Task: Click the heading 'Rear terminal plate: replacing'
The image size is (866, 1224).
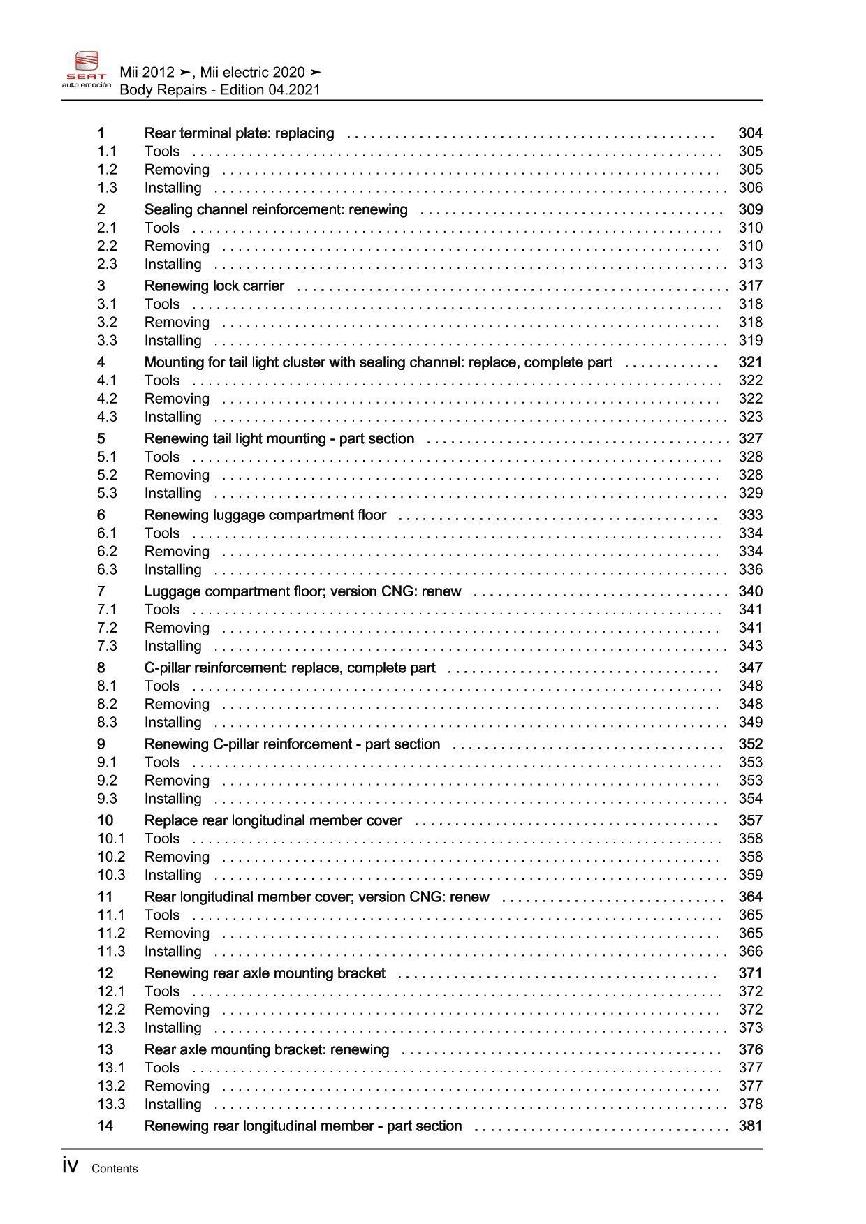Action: click(239, 133)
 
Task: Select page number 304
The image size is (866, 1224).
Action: click(750, 133)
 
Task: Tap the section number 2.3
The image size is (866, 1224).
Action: click(107, 264)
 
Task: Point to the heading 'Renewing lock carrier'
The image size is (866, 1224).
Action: click(214, 286)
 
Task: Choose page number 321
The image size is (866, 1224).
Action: click(750, 362)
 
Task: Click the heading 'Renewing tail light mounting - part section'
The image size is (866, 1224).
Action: click(279, 438)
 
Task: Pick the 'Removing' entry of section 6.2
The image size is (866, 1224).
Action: click(177, 552)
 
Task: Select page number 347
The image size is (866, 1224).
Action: click(750, 668)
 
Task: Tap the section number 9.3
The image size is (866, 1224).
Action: click(107, 799)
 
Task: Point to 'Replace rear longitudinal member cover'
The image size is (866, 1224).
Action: click(273, 820)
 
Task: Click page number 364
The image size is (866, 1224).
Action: click(750, 897)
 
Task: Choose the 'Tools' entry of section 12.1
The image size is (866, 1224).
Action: click(162, 991)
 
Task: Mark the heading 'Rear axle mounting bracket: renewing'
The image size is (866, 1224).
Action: click(266, 1049)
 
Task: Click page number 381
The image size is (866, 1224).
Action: click(750, 1126)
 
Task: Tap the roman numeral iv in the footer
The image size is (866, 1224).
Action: click(70, 1166)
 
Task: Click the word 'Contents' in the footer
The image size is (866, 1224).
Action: click(115, 1169)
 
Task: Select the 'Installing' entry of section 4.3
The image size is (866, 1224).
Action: click(173, 417)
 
